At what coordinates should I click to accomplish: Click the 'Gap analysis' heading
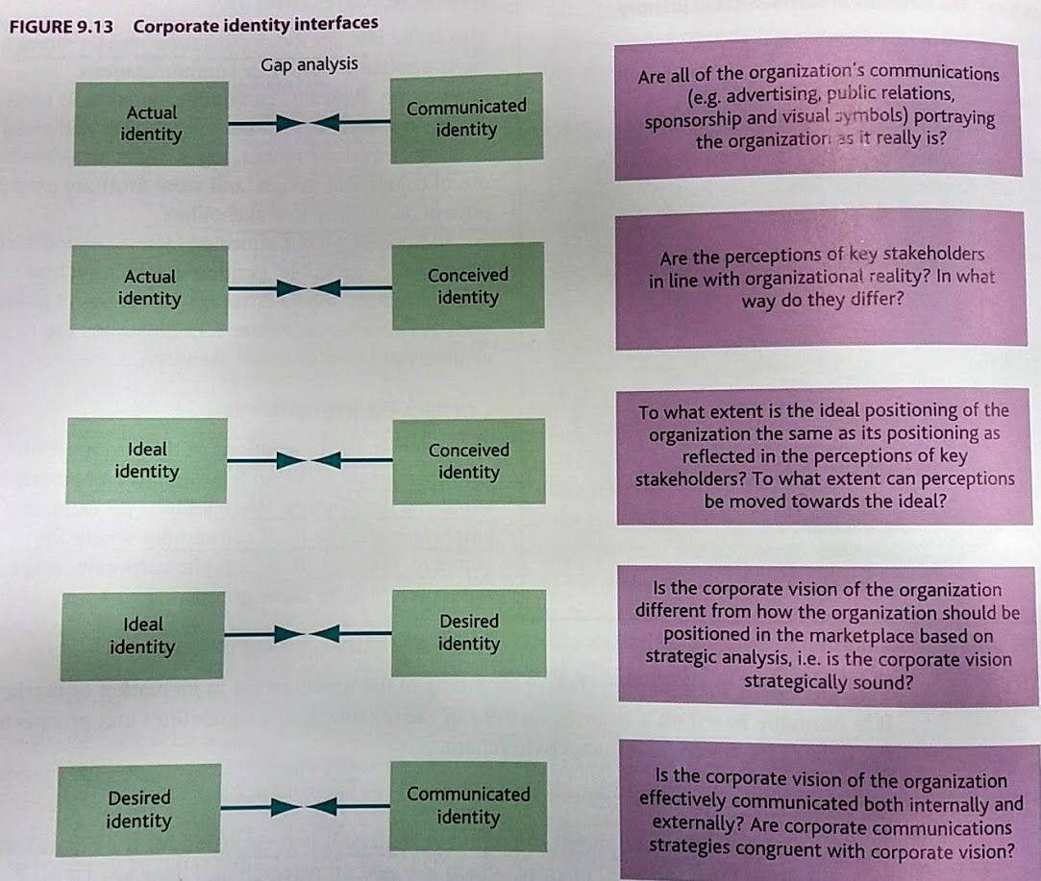click(309, 64)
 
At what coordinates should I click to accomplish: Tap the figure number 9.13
click(94, 26)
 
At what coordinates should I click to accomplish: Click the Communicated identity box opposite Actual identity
click(466, 118)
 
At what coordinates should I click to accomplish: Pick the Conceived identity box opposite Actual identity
click(467, 286)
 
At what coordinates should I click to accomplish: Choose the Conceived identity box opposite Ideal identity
click(469, 461)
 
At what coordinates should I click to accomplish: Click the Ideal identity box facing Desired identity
click(142, 636)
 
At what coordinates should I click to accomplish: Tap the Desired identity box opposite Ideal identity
click(469, 632)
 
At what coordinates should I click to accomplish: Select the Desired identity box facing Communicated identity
click(138, 809)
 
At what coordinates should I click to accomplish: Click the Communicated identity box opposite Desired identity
click(468, 805)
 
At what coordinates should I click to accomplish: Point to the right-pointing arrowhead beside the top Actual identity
click(282, 123)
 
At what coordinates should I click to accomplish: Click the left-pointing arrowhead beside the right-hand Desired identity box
click(327, 633)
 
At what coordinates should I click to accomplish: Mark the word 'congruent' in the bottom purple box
click(831, 848)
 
